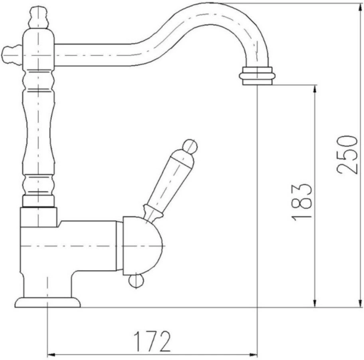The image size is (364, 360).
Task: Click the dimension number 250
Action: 346,155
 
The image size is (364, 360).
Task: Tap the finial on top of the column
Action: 39,18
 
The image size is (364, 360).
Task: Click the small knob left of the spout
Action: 12,55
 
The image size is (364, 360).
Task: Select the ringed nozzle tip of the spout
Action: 257,76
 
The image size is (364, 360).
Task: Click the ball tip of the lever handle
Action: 190,146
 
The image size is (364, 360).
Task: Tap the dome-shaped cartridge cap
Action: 141,246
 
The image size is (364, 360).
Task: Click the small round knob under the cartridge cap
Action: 136,281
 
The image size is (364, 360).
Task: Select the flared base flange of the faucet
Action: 47,302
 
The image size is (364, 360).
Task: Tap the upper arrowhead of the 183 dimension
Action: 315,89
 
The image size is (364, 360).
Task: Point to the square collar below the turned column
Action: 39,217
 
